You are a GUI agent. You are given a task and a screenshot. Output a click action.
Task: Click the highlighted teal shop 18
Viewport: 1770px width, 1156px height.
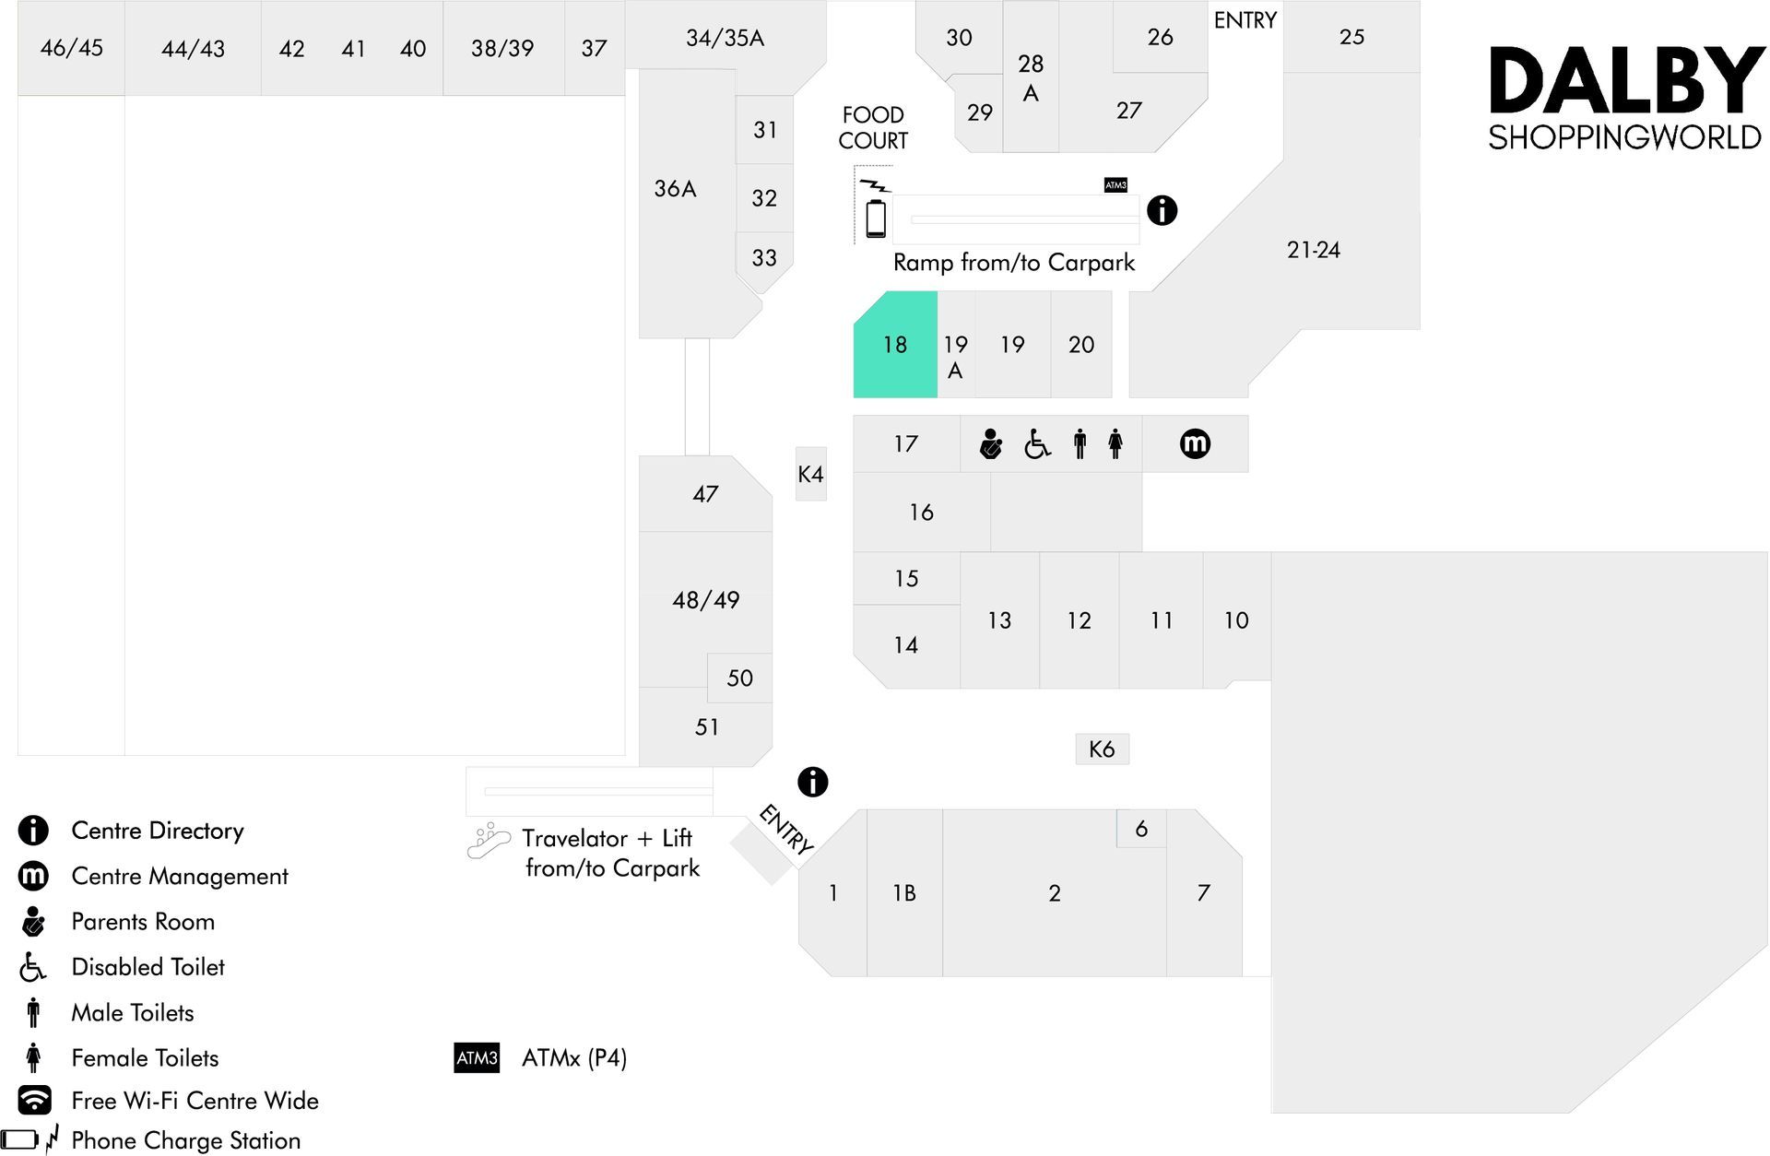point(895,345)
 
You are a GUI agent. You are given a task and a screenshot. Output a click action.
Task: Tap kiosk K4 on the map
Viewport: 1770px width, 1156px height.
point(811,474)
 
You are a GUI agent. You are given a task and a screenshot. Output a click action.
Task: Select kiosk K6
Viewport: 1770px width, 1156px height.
point(1102,749)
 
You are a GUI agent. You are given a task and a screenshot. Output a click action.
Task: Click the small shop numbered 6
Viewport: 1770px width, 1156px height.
point(1141,829)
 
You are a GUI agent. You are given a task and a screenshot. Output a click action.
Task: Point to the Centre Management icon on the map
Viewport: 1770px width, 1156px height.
point(1195,443)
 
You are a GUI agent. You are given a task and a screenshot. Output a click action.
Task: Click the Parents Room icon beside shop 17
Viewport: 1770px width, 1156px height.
point(991,444)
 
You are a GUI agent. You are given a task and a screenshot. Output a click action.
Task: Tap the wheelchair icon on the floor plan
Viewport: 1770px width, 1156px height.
point(1037,444)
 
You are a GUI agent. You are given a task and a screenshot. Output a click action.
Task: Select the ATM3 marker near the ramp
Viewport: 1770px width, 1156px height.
point(1115,185)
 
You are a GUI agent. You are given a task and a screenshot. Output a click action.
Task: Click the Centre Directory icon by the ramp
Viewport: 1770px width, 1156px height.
point(1162,210)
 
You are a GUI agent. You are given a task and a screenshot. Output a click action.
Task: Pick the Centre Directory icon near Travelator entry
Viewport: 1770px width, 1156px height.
point(812,782)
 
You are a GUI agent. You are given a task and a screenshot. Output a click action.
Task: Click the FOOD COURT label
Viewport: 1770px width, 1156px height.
point(873,128)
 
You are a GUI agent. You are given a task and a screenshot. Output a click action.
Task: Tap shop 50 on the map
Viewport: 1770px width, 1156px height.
point(739,678)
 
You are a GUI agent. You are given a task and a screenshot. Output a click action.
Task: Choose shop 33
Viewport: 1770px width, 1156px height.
point(764,258)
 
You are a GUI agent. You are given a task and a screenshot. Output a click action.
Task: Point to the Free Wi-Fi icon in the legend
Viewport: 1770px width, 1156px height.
point(34,1100)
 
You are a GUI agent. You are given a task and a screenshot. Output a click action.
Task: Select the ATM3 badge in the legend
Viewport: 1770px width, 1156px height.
point(477,1057)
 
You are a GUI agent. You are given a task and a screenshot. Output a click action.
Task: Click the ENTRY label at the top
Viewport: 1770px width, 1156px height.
point(1245,20)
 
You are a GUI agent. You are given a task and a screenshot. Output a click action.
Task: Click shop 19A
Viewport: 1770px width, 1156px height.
point(956,345)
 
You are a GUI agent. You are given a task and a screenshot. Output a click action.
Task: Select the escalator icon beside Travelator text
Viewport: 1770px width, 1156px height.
point(489,841)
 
